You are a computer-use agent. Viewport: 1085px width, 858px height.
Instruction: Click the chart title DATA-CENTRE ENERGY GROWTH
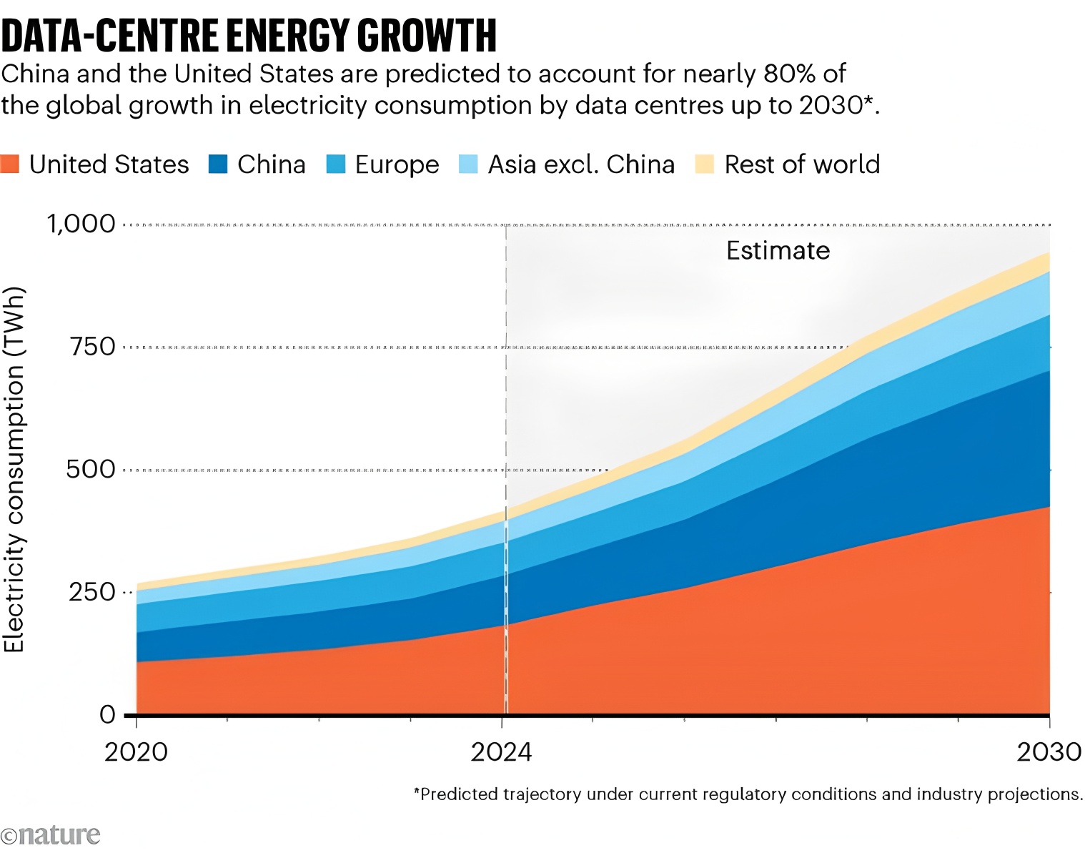249,35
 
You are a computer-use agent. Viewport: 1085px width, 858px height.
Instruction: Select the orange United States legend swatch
10,164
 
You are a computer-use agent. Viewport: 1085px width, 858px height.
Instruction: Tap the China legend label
271,164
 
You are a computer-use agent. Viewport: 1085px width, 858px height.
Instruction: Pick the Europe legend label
397,164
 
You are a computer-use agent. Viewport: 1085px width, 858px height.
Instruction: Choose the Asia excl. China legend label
581,164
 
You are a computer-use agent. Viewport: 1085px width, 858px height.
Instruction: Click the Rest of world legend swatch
705,164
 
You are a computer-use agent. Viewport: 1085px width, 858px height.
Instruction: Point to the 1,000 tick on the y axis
81,224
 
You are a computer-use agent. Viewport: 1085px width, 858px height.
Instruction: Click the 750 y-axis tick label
92,347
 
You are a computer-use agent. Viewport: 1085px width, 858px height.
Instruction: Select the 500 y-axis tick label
91,470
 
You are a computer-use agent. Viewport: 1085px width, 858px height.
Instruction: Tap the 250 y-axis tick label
92,592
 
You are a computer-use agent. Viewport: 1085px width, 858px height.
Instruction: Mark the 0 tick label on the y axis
107,714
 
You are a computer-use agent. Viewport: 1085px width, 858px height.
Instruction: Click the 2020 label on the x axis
136,752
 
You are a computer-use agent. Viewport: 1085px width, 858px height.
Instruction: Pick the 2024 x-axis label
502,752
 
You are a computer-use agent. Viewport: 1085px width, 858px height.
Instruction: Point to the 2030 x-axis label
1049,752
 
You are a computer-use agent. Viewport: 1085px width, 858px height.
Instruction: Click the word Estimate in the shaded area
778,251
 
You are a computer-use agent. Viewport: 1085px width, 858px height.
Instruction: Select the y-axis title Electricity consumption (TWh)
14,470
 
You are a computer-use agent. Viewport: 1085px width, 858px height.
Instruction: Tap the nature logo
51,835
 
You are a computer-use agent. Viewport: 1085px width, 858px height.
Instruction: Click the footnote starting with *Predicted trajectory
748,794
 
